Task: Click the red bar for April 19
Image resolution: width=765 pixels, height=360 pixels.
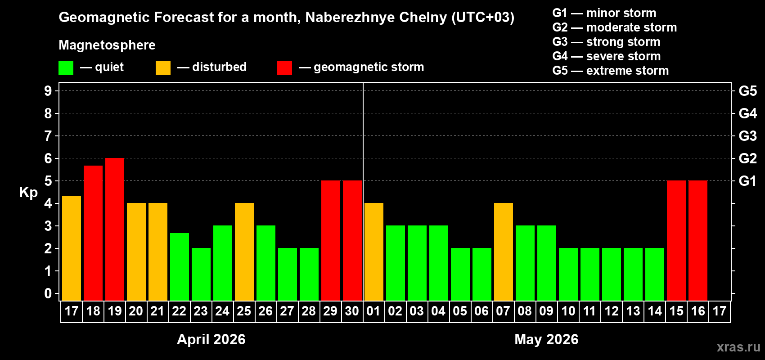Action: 115,229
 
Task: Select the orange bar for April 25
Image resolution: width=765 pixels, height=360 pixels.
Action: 244,252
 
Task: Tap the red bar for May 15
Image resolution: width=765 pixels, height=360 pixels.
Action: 676,240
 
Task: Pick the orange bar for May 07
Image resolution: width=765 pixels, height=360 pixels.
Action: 504,252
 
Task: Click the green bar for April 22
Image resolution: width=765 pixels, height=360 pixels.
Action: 180,266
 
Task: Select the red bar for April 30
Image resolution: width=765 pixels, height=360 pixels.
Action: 352,240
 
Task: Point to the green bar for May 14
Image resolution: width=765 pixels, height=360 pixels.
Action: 655,274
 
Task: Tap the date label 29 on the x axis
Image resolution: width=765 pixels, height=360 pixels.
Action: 330,311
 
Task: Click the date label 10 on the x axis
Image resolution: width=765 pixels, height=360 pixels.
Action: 568,311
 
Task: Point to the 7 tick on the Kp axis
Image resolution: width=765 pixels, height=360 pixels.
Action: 48,136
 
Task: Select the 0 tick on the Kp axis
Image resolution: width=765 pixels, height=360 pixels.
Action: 48,294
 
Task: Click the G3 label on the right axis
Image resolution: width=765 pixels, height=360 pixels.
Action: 747,136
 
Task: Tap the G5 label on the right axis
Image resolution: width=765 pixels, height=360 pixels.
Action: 747,91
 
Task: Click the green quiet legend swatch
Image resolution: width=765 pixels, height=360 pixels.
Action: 66,68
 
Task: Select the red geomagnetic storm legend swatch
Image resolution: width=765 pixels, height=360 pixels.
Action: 284,68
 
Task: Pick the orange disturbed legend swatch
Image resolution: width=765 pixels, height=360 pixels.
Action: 163,68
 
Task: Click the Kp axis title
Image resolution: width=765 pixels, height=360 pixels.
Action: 28,193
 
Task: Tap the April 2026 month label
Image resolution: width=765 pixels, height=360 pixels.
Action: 211,339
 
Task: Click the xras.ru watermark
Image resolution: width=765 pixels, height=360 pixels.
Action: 738,347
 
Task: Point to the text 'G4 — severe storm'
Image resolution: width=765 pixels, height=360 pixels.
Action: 607,56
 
